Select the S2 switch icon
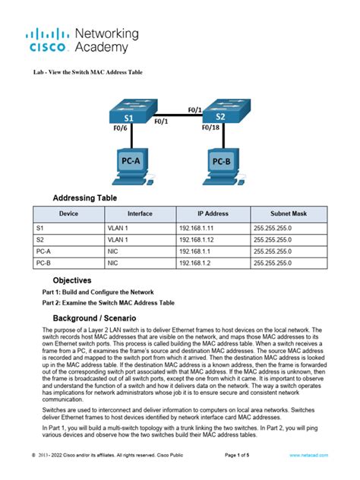(x=220, y=114)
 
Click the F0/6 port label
(x=120, y=130)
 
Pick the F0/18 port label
(x=211, y=128)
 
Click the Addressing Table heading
(x=84, y=198)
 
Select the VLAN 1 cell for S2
(x=118, y=239)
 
